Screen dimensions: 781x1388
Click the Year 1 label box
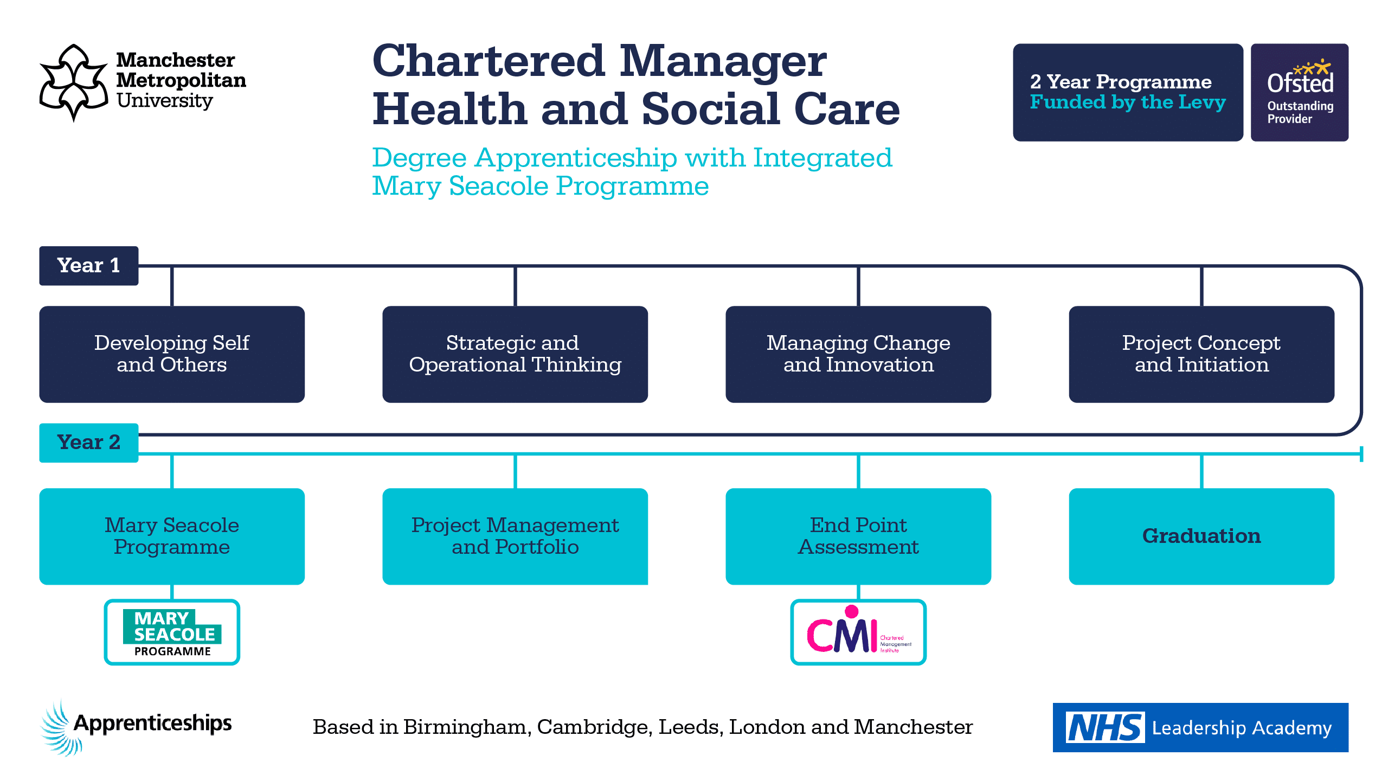tap(88, 266)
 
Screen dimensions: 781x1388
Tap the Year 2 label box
tap(88, 443)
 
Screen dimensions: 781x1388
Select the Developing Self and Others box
tap(172, 354)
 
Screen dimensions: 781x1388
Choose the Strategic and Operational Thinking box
tap(515, 354)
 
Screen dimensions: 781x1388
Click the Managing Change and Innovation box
tap(858, 354)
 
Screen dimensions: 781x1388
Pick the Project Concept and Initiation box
tap(1201, 354)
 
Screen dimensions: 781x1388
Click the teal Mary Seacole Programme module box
tap(172, 536)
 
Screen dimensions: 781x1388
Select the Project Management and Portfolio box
tap(515, 536)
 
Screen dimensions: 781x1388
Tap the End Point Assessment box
tap(858, 536)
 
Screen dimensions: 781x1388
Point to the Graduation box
tap(1201, 536)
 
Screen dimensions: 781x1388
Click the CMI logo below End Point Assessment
tap(858, 632)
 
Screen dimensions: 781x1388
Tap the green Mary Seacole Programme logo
tap(172, 632)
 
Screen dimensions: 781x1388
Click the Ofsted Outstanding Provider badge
tap(1299, 92)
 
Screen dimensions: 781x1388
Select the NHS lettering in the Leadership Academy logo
tap(1105, 728)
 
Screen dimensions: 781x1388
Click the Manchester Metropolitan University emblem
tap(74, 82)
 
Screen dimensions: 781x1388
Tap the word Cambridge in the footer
tap(594, 727)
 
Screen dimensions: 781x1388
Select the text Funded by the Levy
tap(1127, 103)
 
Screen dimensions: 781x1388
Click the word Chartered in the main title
tap(488, 61)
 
